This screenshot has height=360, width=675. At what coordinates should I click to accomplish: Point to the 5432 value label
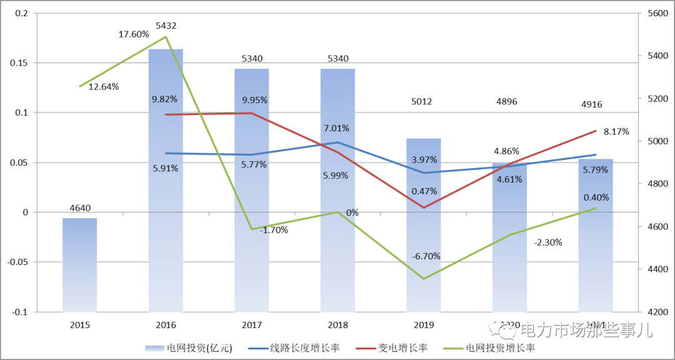[x=166, y=26]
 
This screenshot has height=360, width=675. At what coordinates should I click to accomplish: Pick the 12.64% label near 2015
[x=103, y=87]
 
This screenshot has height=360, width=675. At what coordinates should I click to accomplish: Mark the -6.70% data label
[x=426, y=256]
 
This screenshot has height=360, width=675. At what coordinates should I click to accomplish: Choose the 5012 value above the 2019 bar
[x=424, y=102]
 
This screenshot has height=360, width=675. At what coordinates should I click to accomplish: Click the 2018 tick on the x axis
[x=337, y=325]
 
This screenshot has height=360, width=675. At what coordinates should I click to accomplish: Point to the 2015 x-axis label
[x=79, y=325]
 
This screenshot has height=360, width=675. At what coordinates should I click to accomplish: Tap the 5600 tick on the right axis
[x=656, y=14]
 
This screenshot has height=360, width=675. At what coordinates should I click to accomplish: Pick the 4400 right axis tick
[x=656, y=269]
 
